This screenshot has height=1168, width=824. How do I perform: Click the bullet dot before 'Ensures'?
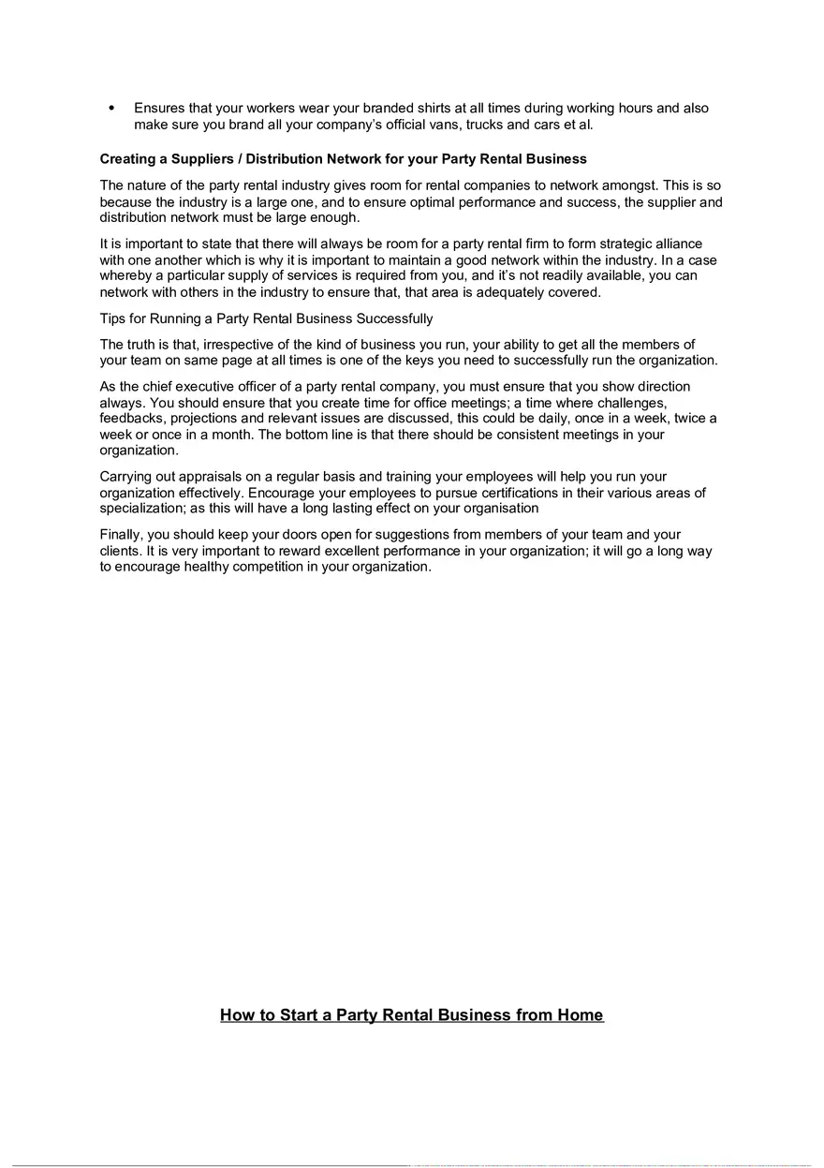tap(112, 108)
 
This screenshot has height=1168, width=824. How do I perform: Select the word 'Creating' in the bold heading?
tap(128, 159)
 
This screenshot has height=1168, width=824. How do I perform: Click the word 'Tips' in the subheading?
tap(113, 318)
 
